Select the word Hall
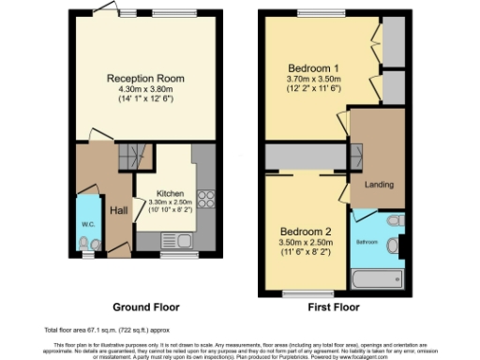point(118,210)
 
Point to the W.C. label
point(87,224)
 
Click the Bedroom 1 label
point(314,67)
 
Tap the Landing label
point(379,184)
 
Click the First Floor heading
point(332,307)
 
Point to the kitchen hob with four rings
point(207,198)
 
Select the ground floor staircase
point(136,154)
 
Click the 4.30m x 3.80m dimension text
point(145,88)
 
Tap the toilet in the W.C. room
point(86,245)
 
